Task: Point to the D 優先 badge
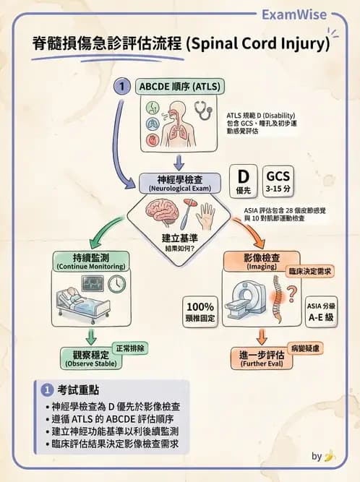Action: tap(244, 181)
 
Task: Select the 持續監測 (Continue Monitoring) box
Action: tap(90, 261)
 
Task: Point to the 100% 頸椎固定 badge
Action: tap(201, 311)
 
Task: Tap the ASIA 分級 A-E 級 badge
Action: tap(318, 310)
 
